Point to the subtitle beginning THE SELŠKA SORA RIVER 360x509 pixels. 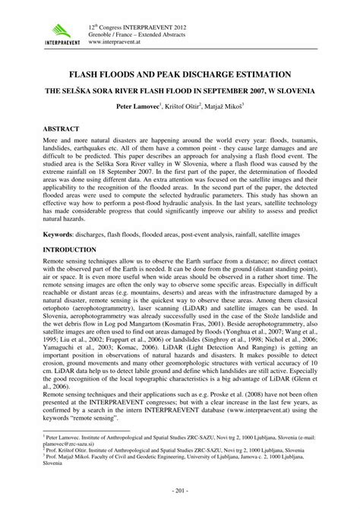(180, 88)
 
